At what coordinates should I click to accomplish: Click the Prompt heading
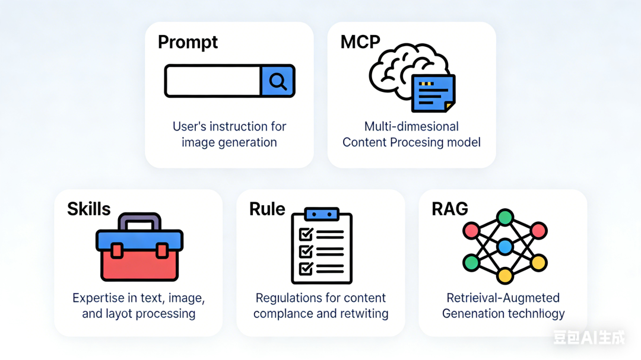click(188, 43)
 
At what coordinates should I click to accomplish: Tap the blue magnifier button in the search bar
click(277, 81)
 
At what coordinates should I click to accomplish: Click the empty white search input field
click(212, 81)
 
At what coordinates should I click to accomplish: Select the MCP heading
click(360, 42)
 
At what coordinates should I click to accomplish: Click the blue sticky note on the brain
click(433, 93)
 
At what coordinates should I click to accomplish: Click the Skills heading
click(88, 209)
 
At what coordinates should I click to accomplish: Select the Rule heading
click(267, 209)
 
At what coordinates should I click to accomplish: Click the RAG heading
click(450, 209)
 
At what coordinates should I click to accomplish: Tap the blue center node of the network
click(504, 246)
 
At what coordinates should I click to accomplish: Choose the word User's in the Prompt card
click(190, 126)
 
